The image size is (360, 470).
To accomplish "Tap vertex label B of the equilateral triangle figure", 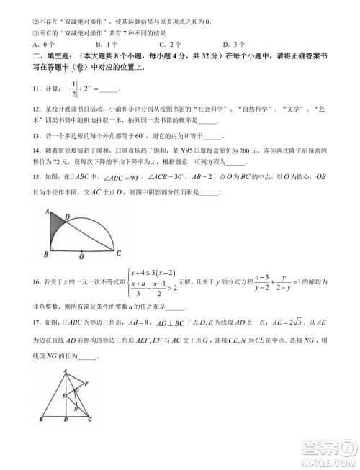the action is [42, 419].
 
